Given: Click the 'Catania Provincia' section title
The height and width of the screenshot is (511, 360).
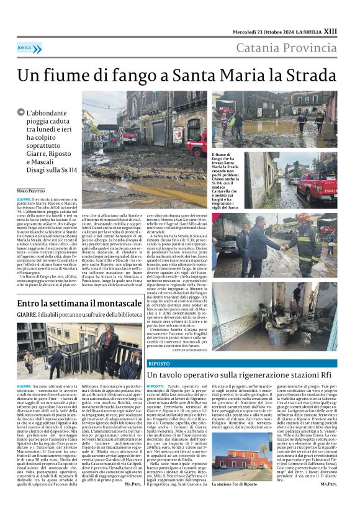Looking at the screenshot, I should (x=286, y=47).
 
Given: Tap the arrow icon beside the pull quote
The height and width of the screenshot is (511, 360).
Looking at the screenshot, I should (x=22, y=112).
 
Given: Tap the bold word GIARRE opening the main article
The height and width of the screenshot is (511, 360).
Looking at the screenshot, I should (x=24, y=197).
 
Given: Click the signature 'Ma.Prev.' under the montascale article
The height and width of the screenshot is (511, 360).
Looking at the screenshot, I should (x=132, y=482).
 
